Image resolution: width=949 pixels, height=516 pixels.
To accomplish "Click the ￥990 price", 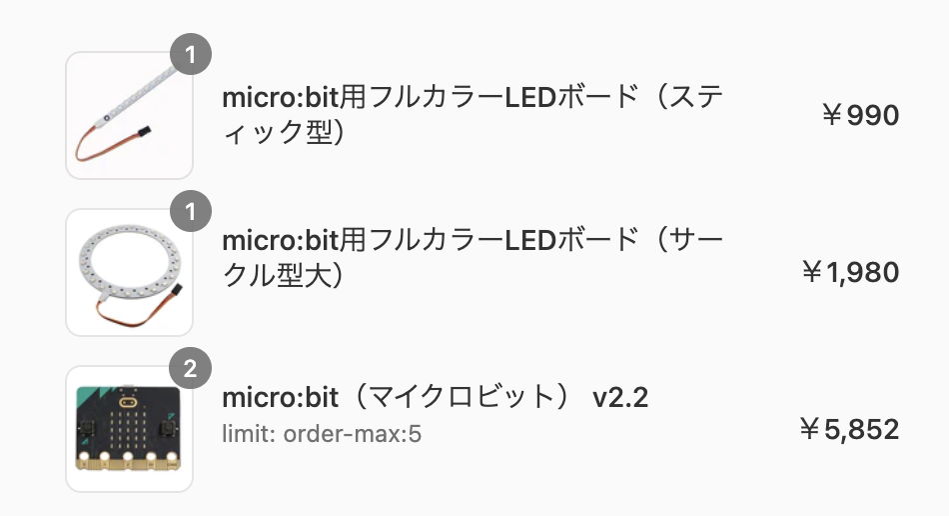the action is click(x=859, y=116).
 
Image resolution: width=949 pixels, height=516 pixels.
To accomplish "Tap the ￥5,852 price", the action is click(x=850, y=429).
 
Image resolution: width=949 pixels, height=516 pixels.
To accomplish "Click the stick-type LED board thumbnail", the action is click(x=129, y=116).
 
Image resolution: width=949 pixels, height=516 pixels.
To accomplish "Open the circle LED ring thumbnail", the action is click(x=129, y=272).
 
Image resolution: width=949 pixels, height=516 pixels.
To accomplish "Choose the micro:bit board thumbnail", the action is click(x=129, y=430).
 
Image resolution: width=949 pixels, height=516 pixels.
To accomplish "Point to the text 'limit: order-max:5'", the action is click(x=321, y=436).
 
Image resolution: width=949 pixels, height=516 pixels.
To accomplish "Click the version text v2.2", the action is click(x=620, y=398).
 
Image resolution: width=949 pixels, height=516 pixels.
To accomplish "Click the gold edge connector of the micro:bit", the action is click(x=129, y=462).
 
